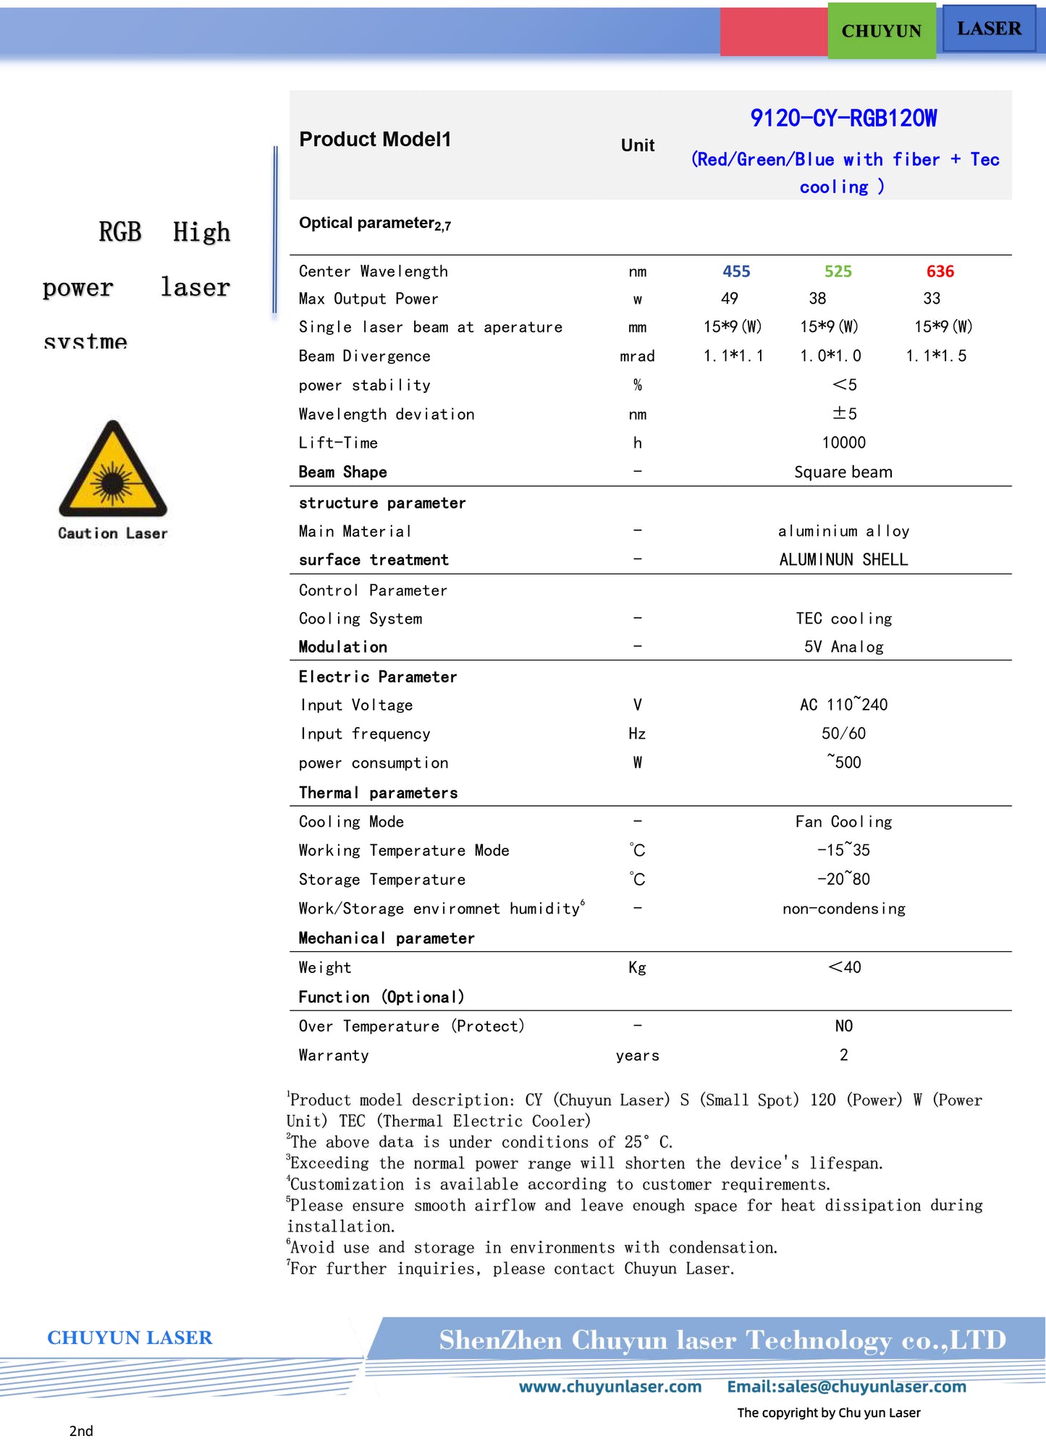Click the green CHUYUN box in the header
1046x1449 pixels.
[881, 31]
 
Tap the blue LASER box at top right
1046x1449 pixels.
[989, 29]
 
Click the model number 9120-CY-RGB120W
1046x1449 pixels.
[843, 118]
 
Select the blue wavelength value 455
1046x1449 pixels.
[736, 271]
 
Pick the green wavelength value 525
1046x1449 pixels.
[838, 271]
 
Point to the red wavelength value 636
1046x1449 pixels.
[940, 271]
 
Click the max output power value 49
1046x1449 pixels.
[730, 299]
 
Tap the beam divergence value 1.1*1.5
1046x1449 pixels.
[936, 356]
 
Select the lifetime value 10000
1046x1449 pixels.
[843, 443]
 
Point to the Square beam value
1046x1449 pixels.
[843, 472]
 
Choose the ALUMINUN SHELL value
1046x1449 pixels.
[843, 560]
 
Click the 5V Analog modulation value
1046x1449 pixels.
[843, 647]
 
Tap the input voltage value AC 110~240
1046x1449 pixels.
[843, 705]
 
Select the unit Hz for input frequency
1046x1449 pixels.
[637, 734]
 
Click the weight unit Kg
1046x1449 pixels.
[637, 968]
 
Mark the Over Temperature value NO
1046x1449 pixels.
[843, 1026]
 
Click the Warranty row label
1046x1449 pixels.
[334, 1055]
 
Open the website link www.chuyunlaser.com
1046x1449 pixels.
[610, 1387]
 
